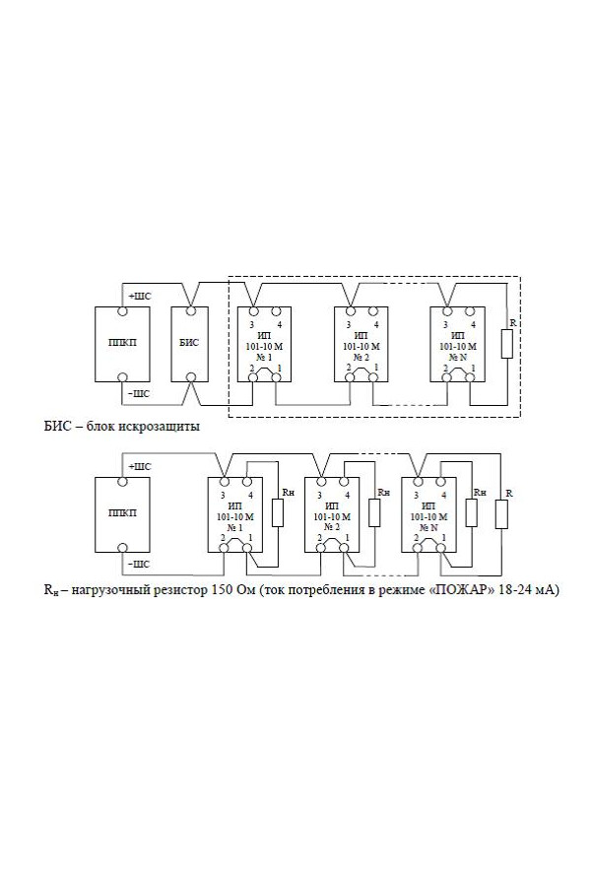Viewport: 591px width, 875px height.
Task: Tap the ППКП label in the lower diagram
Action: (122, 514)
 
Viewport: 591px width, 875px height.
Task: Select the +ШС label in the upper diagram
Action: (139, 296)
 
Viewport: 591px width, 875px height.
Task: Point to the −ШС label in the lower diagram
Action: (139, 564)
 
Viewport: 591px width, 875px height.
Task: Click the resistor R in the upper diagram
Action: (506, 344)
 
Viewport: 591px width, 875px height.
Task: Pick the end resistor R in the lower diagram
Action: (502, 514)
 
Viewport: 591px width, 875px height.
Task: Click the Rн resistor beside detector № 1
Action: (278, 512)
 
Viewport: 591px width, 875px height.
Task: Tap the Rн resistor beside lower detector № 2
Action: (374, 512)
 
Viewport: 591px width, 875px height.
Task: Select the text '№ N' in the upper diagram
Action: (458, 357)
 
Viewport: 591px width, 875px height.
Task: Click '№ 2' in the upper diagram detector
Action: (361, 357)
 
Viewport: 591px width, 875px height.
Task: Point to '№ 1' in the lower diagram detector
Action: (233, 527)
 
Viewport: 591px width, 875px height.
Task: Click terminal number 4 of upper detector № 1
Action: (280, 324)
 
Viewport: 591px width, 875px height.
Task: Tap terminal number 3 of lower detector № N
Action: (417, 495)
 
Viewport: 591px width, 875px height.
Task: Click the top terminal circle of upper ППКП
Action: (122, 310)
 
